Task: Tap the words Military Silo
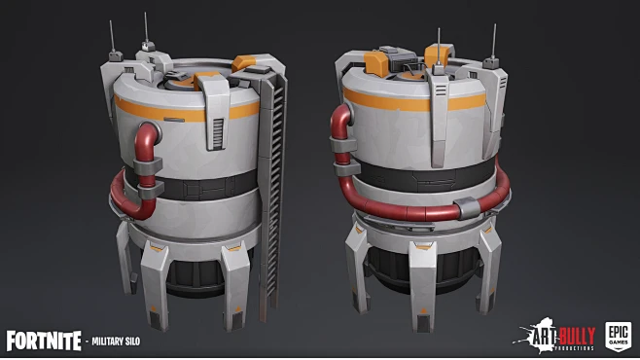point(123,342)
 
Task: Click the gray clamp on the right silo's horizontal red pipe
point(466,205)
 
